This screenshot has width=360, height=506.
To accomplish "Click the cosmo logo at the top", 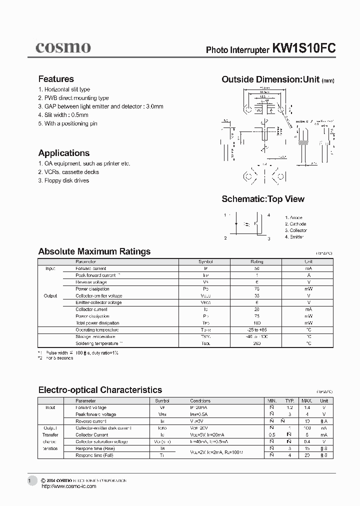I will click(63, 47).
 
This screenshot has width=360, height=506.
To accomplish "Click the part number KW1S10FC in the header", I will click(303, 48).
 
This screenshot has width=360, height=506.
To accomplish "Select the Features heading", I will click(56, 79).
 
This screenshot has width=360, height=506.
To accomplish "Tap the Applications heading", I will click(64, 153).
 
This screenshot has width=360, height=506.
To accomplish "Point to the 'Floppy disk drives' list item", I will click(63, 180).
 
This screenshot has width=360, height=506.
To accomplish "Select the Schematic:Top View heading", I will click(263, 199).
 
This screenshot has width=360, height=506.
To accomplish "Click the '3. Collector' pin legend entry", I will click(296, 230).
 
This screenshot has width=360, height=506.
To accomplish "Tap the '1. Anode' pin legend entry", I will click(294, 217).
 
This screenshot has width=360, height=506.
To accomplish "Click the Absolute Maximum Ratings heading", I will click(94, 251).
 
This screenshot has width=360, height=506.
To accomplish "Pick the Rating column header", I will click(256, 261).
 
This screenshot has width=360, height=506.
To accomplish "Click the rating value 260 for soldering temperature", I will click(256, 343).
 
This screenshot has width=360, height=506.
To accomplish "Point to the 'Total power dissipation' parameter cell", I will click(97, 323).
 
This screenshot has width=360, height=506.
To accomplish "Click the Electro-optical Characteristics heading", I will click(100, 390).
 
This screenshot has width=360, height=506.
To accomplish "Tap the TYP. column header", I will click(289, 401).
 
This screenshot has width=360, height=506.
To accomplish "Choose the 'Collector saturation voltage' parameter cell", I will click(101, 441).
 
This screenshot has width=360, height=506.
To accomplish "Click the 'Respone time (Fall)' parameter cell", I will click(94, 455).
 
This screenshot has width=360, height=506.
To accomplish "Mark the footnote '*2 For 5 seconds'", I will click(55, 358).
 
